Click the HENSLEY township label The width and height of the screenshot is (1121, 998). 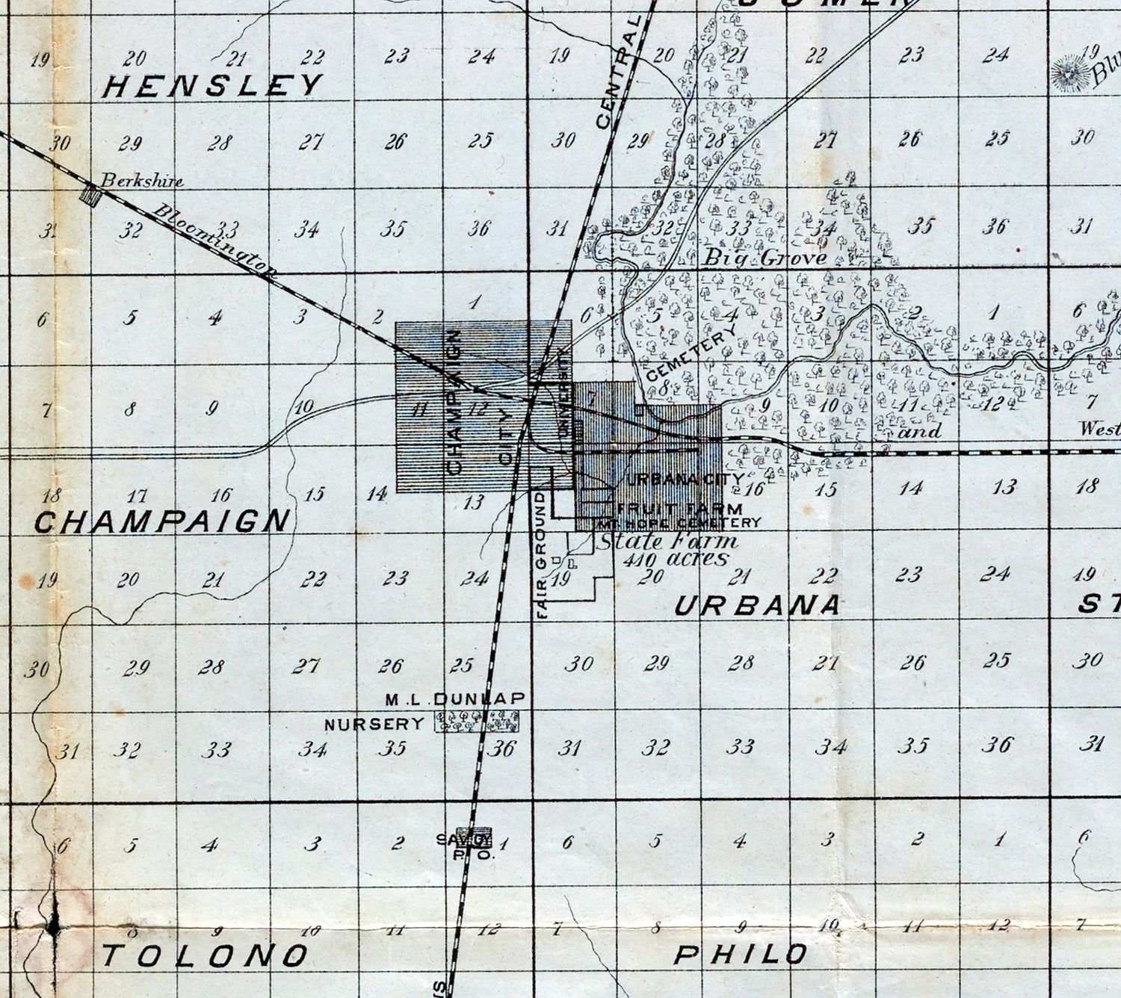pos(212,87)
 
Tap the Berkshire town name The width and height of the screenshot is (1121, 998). pos(142,180)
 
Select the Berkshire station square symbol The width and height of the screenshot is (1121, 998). pos(90,196)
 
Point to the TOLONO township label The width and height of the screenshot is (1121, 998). pos(205,955)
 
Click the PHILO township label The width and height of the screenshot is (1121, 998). pos(741,954)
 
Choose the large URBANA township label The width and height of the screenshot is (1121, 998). pos(756,605)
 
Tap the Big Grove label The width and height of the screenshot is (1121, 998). pos(766,258)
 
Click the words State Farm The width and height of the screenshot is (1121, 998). pos(667,540)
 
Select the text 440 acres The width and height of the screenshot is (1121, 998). pos(676,559)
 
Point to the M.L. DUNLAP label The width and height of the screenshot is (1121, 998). pos(455,699)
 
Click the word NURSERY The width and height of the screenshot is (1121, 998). pos(374,724)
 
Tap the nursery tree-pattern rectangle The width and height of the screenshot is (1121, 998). pos(478,721)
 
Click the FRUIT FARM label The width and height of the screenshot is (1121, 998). pos(679,509)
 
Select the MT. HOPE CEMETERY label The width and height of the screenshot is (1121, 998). pos(679,523)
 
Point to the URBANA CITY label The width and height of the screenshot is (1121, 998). pos(684,480)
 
